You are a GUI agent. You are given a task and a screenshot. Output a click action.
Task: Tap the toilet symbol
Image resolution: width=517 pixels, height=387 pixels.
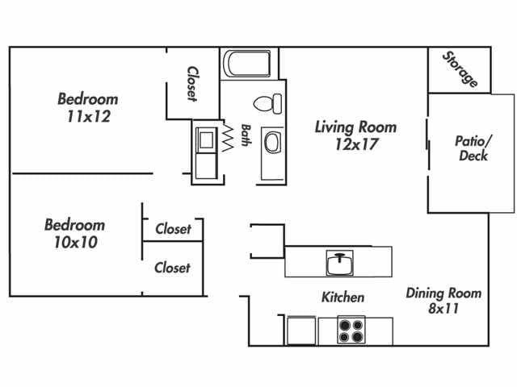pos(267,103)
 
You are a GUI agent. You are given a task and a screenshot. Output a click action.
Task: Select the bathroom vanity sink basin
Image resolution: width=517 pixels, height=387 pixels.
pos(271,144)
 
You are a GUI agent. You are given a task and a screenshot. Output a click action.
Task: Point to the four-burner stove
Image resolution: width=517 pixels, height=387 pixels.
pos(351,331)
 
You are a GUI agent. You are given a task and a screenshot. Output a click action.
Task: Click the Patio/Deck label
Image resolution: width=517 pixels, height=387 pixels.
pos(473,148)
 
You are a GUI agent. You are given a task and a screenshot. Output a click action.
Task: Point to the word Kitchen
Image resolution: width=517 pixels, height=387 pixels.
pos(343,298)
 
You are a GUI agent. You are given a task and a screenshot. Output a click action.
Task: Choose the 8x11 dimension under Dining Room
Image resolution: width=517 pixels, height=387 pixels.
pos(443,308)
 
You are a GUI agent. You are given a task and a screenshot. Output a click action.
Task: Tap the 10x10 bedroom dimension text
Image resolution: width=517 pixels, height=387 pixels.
pos(74,242)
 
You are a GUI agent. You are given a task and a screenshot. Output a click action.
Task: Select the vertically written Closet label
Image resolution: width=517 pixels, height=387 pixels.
pos(192,84)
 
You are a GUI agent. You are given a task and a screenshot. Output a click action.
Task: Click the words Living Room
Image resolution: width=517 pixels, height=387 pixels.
pos(355,127)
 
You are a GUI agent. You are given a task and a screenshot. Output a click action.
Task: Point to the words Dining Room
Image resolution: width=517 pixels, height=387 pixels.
pos(443,293)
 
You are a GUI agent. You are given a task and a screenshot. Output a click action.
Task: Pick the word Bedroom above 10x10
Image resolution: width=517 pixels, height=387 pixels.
pos(74,225)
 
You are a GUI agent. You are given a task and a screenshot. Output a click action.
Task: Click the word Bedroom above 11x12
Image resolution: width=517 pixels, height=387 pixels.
pos(87,99)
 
